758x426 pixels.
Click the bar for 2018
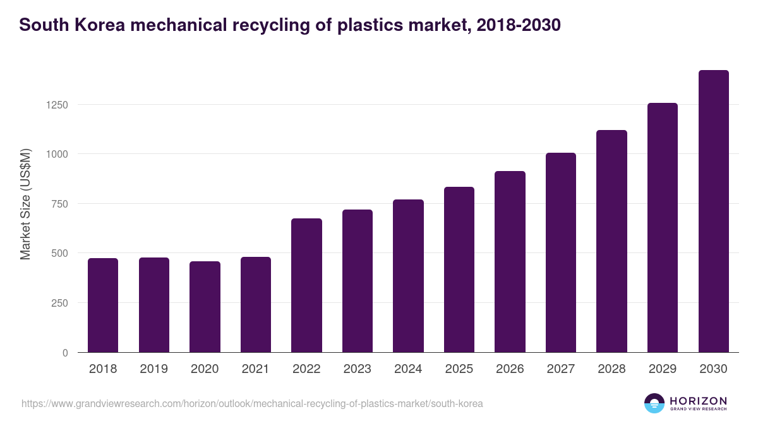[x=103, y=305]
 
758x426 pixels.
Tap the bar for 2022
[x=306, y=285]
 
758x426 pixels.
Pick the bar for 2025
[x=459, y=269]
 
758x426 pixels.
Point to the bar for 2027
[x=561, y=252]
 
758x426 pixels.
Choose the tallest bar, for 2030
[x=713, y=211]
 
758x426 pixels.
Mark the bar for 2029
[x=663, y=228]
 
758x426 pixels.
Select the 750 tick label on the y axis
[x=59, y=204]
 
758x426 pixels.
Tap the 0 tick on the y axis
[x=64, y=353]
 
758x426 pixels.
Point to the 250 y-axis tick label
[x=59, y=303]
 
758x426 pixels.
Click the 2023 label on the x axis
[x=358, y=369]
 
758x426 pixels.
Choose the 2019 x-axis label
[x=154, y=369]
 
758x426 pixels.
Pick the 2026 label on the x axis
[x=510, y=369]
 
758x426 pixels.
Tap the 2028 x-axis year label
[x=611, y=369]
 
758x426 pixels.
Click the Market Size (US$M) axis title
[x=25, y=203]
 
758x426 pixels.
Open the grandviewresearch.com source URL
[x=252, y=403]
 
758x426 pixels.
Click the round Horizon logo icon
[x=654, y=403]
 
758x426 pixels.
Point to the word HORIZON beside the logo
[x=698, y=400]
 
